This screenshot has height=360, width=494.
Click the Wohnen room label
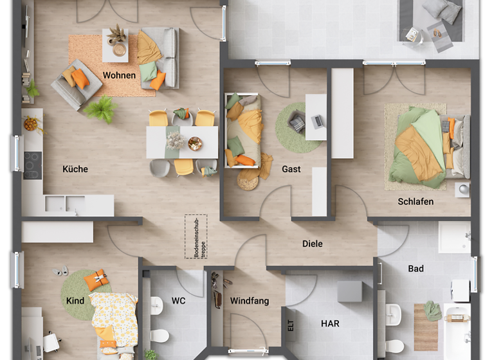click(x=119, y=75)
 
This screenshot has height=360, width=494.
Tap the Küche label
click(x=75, y=169)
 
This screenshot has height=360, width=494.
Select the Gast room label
click(x=291, y=169)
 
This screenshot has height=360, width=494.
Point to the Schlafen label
click(x=415, y=201)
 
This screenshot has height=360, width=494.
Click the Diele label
click(x=312, y=244)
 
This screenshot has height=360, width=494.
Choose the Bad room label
click(x=416, y=268)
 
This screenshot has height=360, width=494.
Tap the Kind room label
click(x=75, y=300)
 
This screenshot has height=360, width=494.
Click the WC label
click(x=178, y=300)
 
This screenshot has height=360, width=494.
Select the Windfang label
click(x=249, y=300)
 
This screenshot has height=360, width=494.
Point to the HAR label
click(x=330, y=323)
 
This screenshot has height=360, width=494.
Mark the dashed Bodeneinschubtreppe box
click(x=196, y=237)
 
